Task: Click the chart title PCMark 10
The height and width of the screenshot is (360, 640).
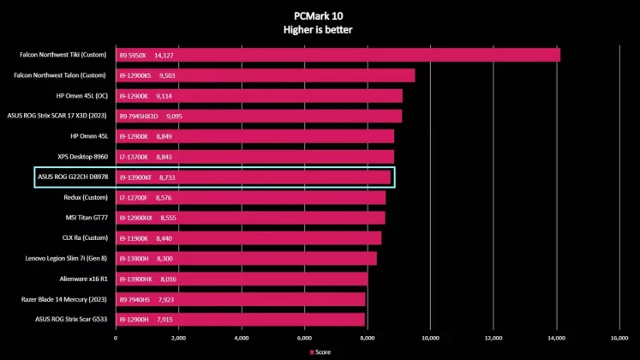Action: [318, 15]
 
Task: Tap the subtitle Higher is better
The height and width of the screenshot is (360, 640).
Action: [318, 29]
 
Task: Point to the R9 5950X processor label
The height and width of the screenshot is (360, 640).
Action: [133, 56]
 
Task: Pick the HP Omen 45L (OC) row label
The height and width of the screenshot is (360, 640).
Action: [81, 95]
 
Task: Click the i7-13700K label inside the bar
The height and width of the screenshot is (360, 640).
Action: [134, 157]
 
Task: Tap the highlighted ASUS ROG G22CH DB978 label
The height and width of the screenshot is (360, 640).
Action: [73, 177]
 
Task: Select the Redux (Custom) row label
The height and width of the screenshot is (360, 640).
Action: [86, 197]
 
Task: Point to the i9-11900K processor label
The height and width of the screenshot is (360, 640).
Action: [134, 237]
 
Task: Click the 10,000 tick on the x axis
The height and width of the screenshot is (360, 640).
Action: [430, 338]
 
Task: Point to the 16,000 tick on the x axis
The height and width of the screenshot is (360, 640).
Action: [619, 338]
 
